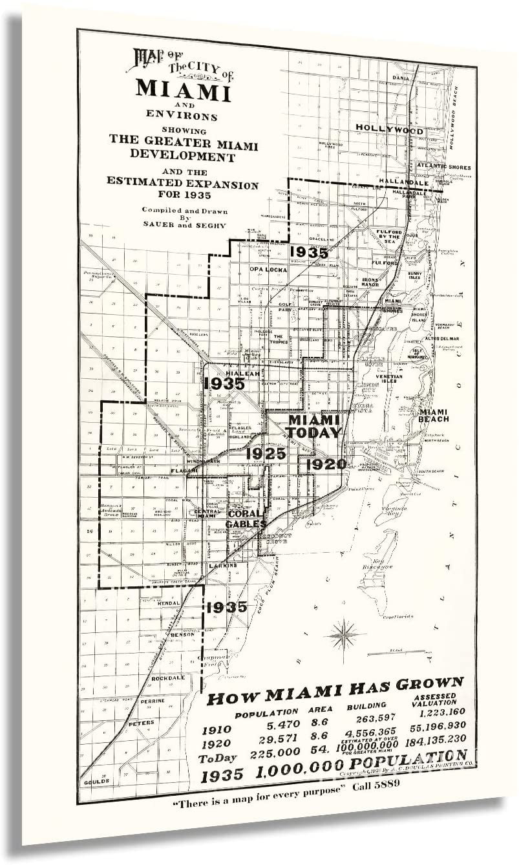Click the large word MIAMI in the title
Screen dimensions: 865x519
click(183, 90)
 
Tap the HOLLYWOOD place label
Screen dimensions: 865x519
click(390, 130)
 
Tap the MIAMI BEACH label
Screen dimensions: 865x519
click(433, 415)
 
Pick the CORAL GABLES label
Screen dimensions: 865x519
click(246, 518)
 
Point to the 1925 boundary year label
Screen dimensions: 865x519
click(266, 453)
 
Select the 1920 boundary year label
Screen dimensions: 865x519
click(326, 464)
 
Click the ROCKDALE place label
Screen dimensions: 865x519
click(168, 678)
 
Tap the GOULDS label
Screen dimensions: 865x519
click(96, 781)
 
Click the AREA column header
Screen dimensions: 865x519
click(320, 709)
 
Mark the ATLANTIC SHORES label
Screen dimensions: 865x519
click(443, 166)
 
